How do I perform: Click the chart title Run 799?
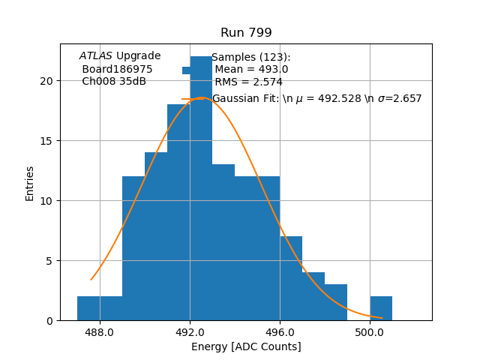click(246, 33)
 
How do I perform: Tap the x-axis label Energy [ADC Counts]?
click(246, 346)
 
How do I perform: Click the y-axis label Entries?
click(30, 183)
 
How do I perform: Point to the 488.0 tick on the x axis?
click(100, 332)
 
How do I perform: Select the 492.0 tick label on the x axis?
click(190, 332)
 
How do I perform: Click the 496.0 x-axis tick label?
click(280, 332)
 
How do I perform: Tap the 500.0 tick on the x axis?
click(370, 332)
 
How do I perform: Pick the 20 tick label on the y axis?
click(47, 81)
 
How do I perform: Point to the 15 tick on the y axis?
click(47, 141)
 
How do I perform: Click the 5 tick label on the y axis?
click(50, 261)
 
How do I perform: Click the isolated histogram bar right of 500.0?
click(381, 309)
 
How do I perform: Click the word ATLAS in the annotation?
click(96, 55)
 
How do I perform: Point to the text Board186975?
click(117, 69)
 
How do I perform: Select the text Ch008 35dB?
click(114, 81)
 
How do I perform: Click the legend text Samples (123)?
click(250, 57)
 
